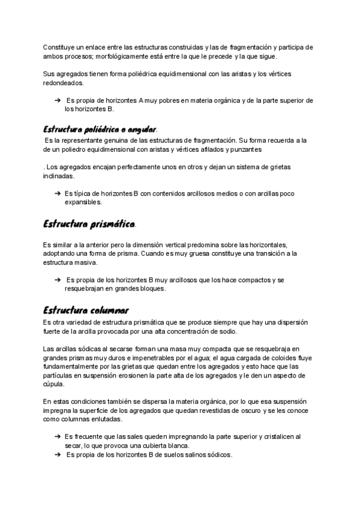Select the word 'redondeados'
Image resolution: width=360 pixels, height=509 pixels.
62,83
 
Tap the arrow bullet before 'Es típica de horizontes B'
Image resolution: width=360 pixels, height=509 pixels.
57,194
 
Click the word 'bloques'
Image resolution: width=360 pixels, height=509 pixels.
150,288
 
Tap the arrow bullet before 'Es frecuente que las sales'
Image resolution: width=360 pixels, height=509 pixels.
57,438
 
